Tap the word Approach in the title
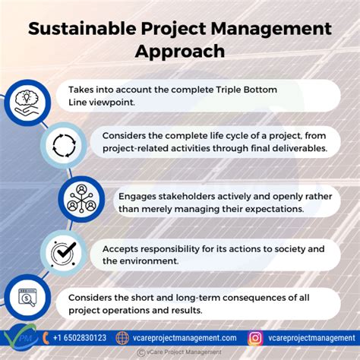click(180, 52)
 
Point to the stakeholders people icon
click(81, 198)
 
